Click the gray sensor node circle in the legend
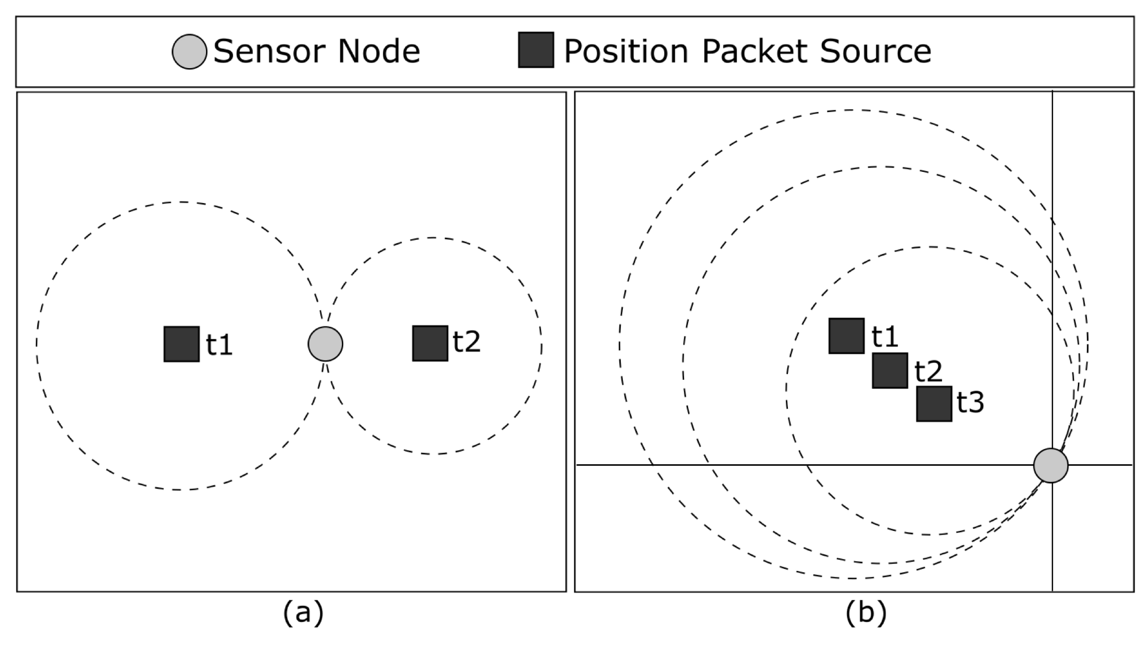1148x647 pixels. point(189,51)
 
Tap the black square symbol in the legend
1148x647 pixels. point(535,50)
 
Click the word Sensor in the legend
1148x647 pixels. point(267,51)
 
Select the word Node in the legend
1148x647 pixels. point(378,51)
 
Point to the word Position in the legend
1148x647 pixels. point(626,51)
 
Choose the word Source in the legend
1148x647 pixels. point(875,51)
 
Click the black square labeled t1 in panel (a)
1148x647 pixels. point(182,344)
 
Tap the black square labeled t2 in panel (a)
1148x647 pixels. point(430,343)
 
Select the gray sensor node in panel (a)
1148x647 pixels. point(325,344)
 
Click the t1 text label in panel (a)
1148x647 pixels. point(219,344)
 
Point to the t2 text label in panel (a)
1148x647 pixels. point(466,341)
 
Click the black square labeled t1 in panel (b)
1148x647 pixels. point(847,336)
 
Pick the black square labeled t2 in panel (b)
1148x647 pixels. point(890,370)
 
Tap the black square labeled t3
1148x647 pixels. point(934,404)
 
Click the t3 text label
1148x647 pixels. point(970,402)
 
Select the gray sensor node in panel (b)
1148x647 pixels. point(1051,465)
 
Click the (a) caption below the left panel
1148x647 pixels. point(303,613)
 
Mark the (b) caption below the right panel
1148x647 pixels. point(866,613)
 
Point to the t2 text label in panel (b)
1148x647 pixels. point(928,371)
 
